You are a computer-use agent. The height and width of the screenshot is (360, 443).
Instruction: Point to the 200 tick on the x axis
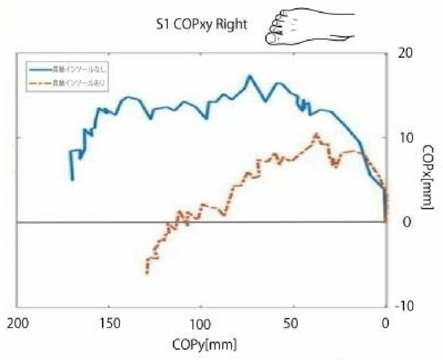(17, 322)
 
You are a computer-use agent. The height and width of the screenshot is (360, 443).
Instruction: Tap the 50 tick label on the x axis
(293, 322)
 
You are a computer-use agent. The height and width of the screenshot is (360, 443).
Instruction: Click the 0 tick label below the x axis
(385, 322)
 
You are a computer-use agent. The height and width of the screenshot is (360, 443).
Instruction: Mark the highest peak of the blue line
(250, 76)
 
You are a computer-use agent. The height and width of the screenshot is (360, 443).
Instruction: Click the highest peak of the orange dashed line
(316, 134)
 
